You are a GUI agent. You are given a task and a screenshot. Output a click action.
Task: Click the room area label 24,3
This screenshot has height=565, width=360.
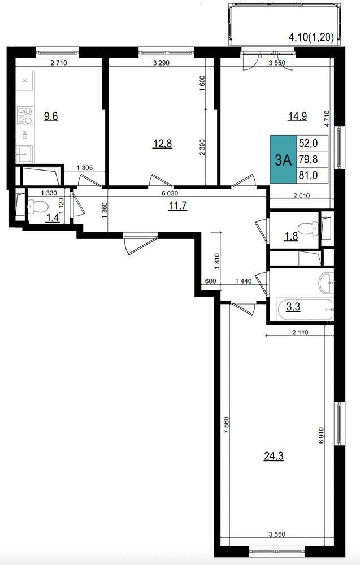point(274,456)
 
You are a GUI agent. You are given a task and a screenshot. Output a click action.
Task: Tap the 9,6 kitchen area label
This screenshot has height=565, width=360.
point(51,116)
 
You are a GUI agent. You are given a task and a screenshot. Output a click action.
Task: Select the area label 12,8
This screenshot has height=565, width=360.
point(163,144)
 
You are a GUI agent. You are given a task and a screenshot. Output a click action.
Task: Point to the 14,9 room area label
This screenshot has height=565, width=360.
point(297,116)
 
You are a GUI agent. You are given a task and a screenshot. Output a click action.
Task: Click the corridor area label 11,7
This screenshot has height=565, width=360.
point(178,206)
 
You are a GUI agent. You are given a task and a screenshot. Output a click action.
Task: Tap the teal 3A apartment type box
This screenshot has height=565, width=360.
point(283,159)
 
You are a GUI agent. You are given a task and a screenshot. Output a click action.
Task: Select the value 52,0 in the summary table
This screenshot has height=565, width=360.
point(308,143)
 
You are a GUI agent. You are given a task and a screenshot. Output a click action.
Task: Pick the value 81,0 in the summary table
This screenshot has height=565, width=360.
point(308,176)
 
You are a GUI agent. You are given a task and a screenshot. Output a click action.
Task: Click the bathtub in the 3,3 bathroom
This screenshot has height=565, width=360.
point(305,309)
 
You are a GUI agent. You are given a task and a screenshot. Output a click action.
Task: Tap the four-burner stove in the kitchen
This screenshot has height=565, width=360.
point(25,115)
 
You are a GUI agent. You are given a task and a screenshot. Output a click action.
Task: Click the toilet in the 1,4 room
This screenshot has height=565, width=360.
point(37,207)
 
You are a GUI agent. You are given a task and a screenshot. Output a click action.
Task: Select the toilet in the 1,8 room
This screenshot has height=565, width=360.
point(308,228)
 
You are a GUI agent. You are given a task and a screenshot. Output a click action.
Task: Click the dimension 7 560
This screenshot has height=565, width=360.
point(226,425)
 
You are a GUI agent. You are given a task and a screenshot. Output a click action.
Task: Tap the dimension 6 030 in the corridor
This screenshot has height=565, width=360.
point(170,193)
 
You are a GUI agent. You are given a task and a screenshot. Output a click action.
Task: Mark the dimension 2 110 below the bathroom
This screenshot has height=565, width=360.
point(300,332)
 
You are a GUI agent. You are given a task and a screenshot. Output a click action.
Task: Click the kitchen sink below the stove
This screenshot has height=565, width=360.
point(24,154)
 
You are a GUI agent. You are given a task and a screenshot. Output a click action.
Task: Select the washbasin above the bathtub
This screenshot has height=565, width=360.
point(327,283)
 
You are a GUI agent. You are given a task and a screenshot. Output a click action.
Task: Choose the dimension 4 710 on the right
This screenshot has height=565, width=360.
point(327,118)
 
